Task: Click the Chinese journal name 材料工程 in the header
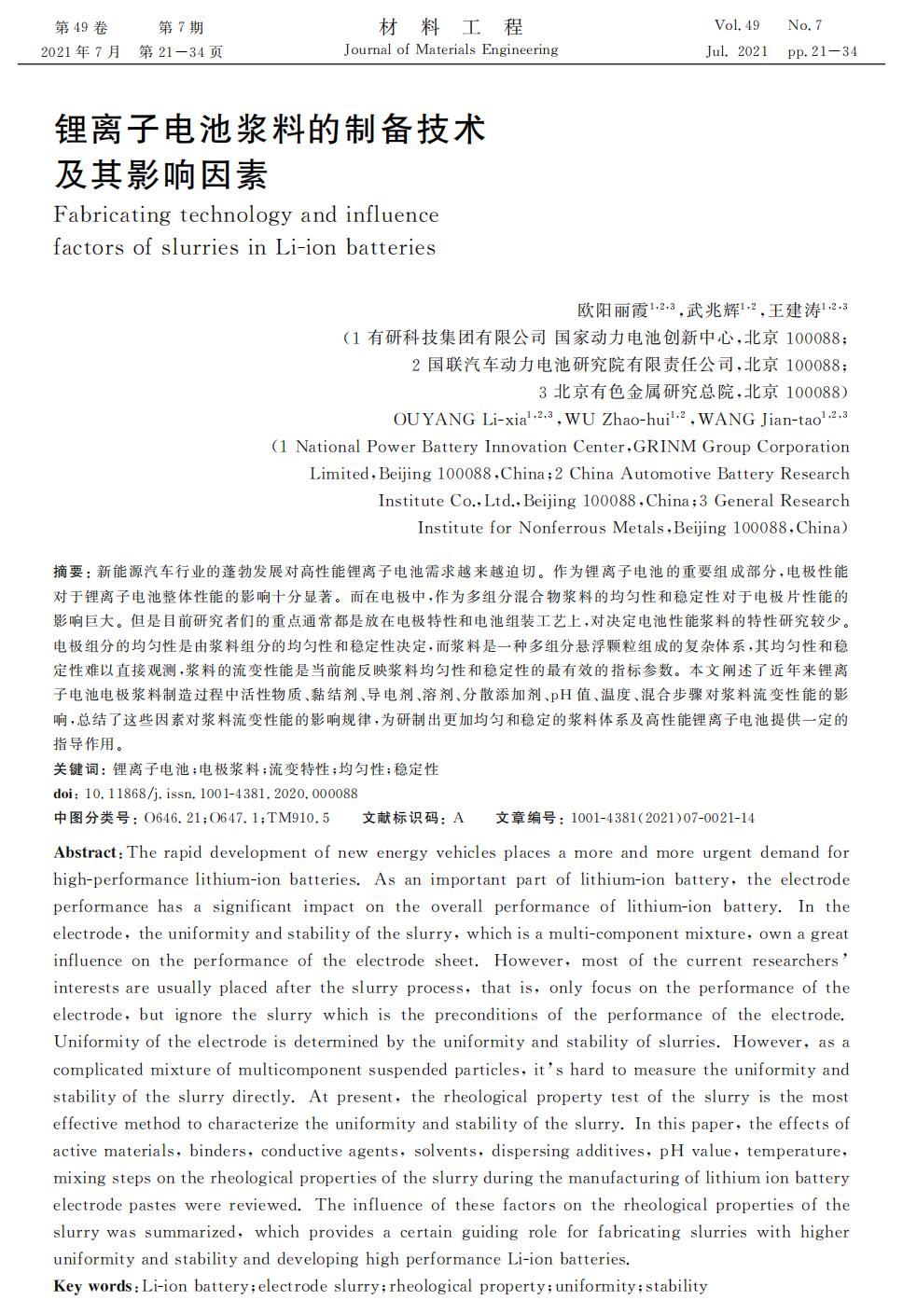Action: pyautogui.click(x=451, y=26)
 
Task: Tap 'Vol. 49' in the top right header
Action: pyautogui.click(x=736, y=25)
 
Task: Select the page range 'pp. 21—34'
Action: pyautogui.click(x=822, y=51)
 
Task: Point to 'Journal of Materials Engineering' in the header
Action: pyautogui.click(x=451, y=49)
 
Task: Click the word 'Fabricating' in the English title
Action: pyautogui.click(x=112, y=214)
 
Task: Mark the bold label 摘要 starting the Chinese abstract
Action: pyautogui.click(x=68, y=572)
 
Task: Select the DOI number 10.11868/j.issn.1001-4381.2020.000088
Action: pyautogui.click(x=220, y=794)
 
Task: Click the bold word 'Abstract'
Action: pyautogui.click(x=86, y=852)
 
